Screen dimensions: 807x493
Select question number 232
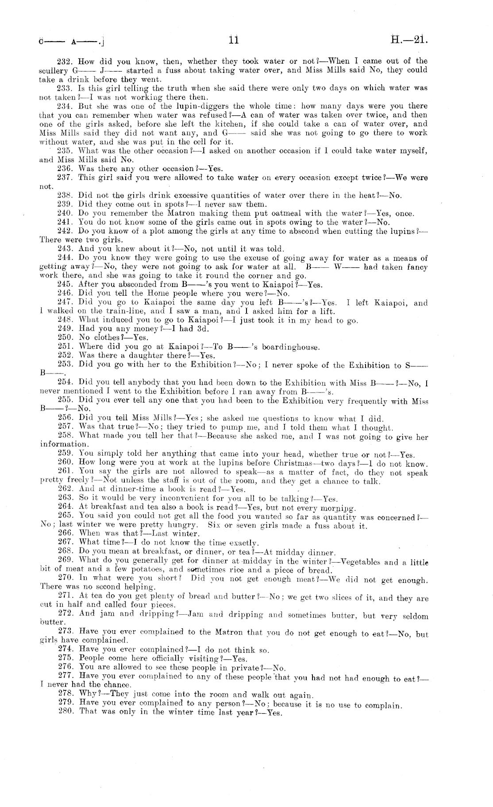tap(65, 61)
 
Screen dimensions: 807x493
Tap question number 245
tap(65, 285)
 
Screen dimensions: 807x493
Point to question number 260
tap(65, 464)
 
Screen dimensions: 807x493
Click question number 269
tap(65, 561)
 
